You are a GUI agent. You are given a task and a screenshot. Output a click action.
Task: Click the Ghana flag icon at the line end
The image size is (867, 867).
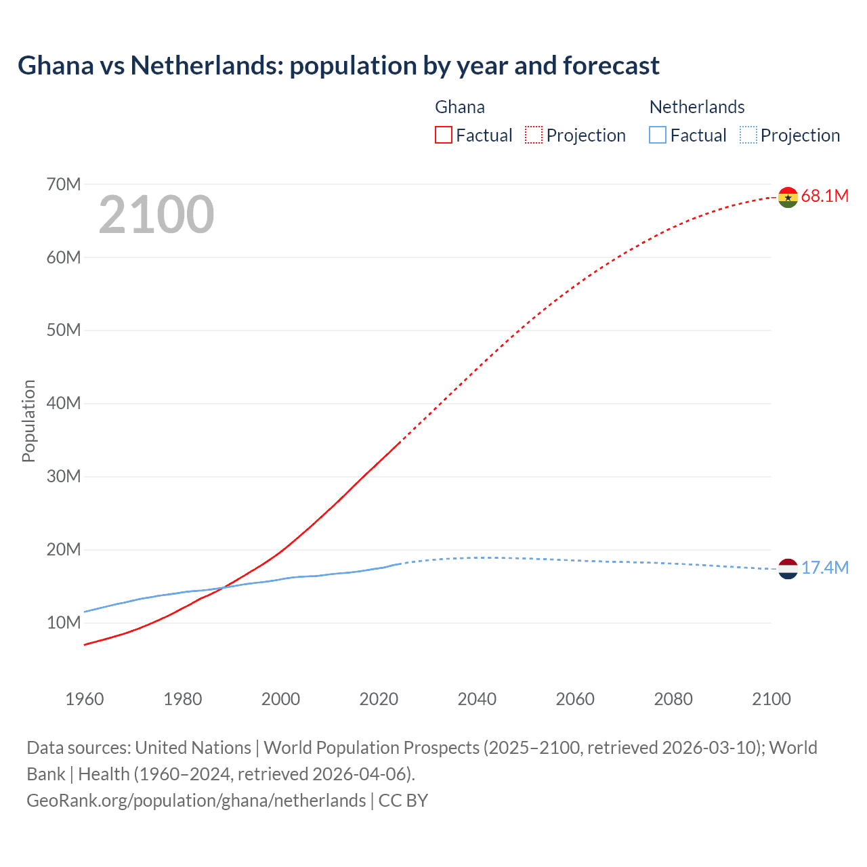pos(788,197)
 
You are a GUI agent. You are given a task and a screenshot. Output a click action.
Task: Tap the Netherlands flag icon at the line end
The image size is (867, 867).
pos(788,569)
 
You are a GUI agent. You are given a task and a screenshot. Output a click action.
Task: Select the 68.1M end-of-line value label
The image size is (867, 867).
pos(824,196)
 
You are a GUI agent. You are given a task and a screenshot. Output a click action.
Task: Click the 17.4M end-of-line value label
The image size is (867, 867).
pos(824,568)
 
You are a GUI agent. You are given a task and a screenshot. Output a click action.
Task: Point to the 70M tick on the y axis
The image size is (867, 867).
pos(64,184)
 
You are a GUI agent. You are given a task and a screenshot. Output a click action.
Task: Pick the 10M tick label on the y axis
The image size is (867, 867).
pos(64,622)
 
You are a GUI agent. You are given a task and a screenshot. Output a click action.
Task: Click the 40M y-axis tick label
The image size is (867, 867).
pos(64,404)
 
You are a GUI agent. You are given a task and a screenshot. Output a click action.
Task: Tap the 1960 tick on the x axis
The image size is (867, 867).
pos(85,699)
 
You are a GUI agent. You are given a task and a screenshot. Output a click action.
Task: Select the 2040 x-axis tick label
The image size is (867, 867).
pos(477,699)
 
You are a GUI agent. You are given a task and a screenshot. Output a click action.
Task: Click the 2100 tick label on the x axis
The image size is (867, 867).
pos(771,699)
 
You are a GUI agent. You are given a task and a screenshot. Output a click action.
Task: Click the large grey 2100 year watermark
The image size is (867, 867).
pos(156,215)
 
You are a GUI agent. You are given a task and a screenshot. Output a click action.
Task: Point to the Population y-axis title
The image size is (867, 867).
pos(28,421)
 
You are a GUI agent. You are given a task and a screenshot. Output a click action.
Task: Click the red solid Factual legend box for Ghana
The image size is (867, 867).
pos(443,135)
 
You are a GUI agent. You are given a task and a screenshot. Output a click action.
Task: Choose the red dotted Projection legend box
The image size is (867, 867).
pos(534,135)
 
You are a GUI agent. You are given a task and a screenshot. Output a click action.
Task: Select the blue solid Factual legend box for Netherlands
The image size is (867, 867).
pos(658,135)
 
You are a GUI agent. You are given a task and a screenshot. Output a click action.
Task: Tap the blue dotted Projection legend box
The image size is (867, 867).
pos(748,135)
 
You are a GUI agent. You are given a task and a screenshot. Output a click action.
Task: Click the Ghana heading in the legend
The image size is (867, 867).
pos(460,107)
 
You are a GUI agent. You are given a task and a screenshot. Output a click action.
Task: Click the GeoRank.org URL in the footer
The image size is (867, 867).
pos(196,801)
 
